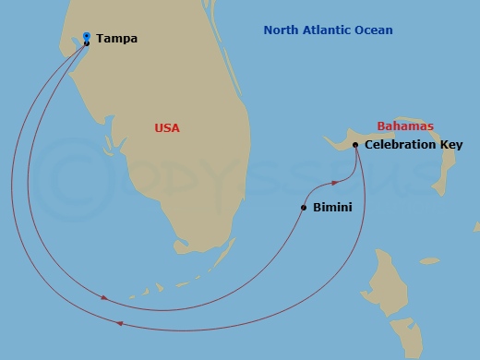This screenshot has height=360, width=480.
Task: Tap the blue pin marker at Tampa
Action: (86, 36)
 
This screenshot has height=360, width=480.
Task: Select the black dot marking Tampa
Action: (86, 43)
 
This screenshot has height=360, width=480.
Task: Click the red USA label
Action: (167, 128)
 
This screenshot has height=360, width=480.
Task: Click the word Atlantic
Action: (331, 30)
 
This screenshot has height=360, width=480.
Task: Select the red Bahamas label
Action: (404, 126)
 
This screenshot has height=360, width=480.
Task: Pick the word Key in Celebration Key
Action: (452, 145)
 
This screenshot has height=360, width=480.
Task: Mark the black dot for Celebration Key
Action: (355, 144)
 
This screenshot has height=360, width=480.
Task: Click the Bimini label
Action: (332, 208)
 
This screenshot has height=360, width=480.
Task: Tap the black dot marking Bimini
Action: (303, 208)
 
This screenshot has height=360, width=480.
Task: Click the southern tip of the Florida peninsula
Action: (185, 245)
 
